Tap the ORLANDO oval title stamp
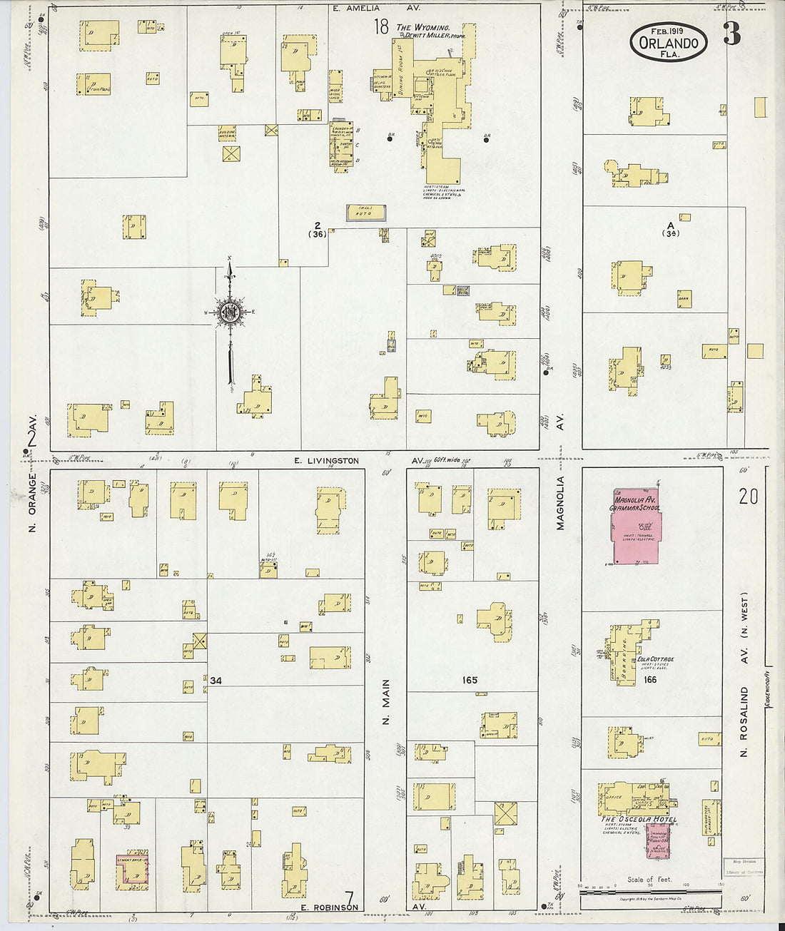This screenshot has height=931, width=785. click(669, 41)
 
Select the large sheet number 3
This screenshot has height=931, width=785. click(731, 34)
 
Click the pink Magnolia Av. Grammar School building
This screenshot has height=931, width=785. click(635, 528)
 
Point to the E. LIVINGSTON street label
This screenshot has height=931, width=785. click(326, 461)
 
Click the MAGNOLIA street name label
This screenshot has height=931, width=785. click(560, 503)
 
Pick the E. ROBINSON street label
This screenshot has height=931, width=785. click(329, 907)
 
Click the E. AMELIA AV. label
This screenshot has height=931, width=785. click(375, 9)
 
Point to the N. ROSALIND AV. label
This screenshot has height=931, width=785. click(743, 721)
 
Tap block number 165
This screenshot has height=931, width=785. click(469, 680)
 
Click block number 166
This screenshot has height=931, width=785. click(649, 680)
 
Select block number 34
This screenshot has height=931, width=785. click(216, 681)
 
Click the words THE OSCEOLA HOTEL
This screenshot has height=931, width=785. click(638, 819)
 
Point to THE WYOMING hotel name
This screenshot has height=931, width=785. click(427, 27)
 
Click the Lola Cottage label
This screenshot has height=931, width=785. click(656, 659)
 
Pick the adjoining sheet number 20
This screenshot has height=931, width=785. click(747, 497)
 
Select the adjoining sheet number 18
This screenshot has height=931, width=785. click(381, 27)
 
